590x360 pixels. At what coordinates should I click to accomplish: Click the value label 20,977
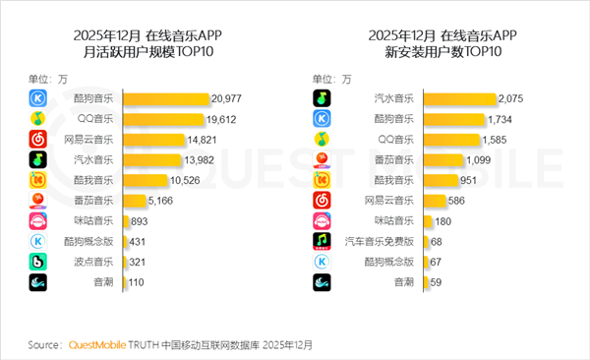tap(228, 99)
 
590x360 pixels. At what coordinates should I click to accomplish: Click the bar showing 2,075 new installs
tap(461, 99)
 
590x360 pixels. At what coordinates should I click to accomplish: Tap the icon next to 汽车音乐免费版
tap(321, 241)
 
